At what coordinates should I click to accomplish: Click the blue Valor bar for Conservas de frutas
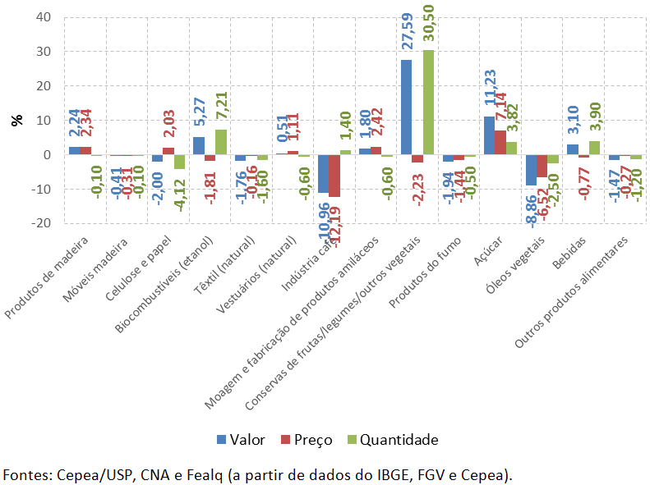[406, 107]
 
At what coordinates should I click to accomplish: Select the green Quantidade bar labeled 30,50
[428, 103]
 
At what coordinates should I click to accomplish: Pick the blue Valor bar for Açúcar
[489, 135]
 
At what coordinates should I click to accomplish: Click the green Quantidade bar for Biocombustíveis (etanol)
[220, 142]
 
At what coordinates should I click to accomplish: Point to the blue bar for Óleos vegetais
[531, 170]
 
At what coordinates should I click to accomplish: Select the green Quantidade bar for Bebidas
[594, 148]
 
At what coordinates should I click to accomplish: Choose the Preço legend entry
[306, 439]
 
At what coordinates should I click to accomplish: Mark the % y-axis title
[17, 120]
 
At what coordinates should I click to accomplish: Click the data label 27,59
[407, 34]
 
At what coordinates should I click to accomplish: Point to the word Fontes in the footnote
[25, 474]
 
